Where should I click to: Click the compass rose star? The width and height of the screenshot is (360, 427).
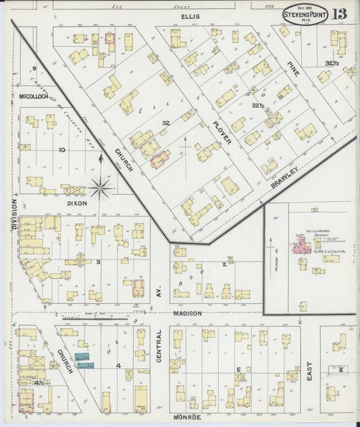(100, 186)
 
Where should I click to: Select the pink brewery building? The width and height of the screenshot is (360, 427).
(297, 247)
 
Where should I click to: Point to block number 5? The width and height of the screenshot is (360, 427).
(238, 369)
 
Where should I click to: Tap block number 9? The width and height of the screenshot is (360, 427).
(33, 68)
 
